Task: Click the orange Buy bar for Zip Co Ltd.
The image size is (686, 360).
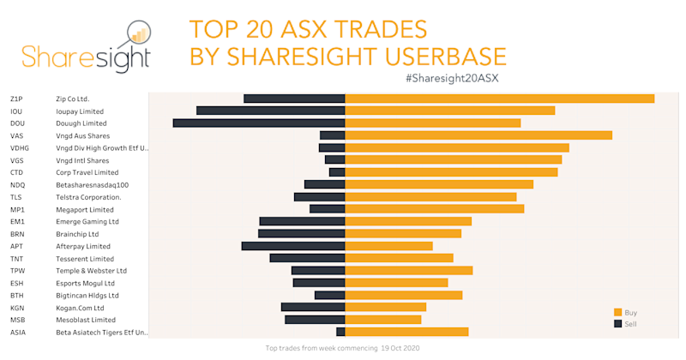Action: (x=499, y=99)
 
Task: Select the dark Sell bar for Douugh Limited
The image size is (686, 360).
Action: (x=259, y=123)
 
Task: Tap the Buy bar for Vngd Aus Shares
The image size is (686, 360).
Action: (x=478, y=135)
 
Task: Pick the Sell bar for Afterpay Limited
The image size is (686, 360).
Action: (x=293, y=246)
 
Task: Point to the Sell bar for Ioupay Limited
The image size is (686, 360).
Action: (x=270, y=111)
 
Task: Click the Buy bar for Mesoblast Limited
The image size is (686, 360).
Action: (x=383, y=320)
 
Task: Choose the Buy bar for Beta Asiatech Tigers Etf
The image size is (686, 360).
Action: (x=406, y=332)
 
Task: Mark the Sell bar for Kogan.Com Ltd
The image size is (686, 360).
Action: (x=313, y=307)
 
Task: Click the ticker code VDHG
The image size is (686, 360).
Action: (x=20, y=148)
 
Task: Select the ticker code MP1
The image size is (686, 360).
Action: (x=17, y=209)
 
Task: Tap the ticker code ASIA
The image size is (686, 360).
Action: (x=18, y=332)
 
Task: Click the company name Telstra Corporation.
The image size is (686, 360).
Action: (x=87, y=197)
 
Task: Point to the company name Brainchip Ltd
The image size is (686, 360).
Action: (x=77, y=234)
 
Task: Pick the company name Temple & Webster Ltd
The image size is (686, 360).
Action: (x=91, y=271)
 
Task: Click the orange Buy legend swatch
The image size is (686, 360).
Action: (x=617, y=312)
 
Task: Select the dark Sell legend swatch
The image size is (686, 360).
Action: (x=617, y=324)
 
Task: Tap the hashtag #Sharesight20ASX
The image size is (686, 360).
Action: (x=452, y=78)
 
